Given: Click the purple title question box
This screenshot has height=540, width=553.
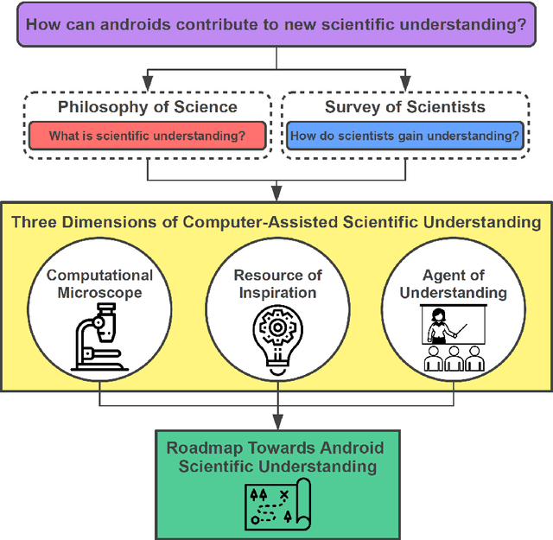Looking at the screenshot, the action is point(276,24).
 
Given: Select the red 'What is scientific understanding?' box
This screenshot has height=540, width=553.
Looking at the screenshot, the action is point(147,136).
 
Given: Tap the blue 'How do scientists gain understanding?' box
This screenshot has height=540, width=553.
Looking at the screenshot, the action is point(405,136).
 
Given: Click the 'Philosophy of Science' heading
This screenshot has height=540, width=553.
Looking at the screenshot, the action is point(147,107).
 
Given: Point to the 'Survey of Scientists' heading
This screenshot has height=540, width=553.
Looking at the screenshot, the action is point(405,107).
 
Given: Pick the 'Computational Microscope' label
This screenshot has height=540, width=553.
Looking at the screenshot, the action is point(99,283).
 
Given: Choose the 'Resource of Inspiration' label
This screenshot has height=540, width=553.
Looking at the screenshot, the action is point(277,283).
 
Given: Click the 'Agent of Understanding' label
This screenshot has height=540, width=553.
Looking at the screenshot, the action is point(454,283).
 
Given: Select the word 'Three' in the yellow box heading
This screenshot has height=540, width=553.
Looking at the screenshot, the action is point(35,222).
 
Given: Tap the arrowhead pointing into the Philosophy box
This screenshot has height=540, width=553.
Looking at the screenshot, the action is point(147,83).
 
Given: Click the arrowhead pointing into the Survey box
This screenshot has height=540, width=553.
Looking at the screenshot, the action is point(405,83).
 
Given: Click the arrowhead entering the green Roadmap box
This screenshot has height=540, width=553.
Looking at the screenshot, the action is point(276,422).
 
